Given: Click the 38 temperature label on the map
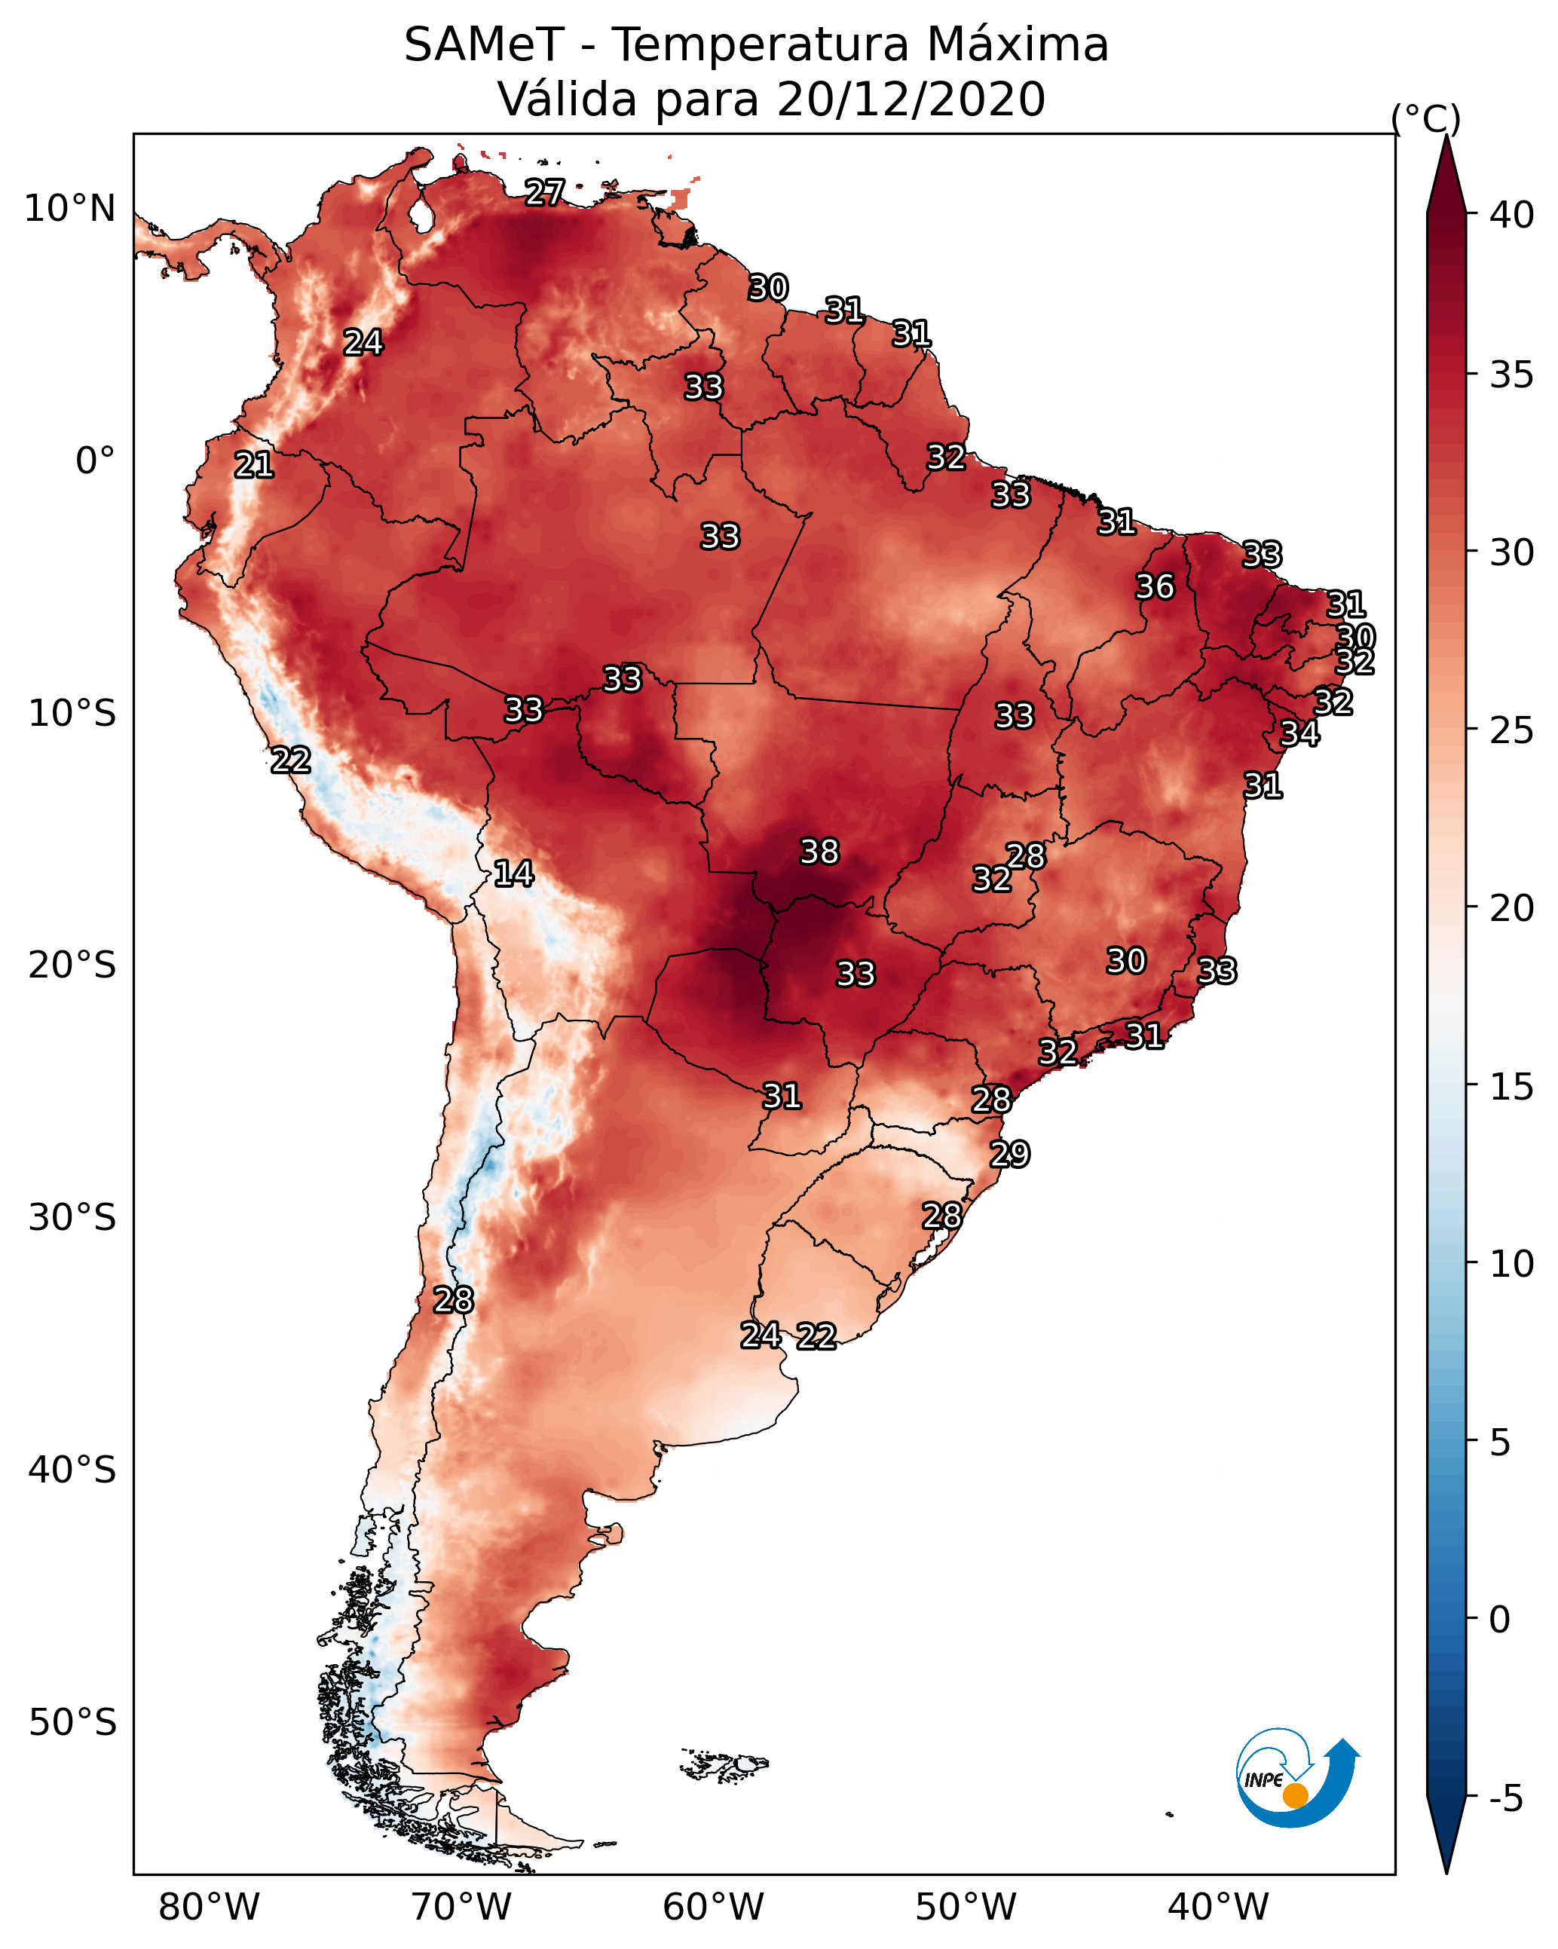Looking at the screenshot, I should (x=819, y=852).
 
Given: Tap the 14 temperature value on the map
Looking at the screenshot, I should (x=513, y=874).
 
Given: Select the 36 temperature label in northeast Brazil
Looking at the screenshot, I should (x=1155, y=586).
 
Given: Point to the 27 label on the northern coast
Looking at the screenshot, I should (x=544, y=191).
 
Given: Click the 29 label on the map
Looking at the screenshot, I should (x=1009, y=1155).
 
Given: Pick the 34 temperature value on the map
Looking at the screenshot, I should (x=1299, y=733).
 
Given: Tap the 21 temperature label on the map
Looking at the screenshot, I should (x=254, y=465).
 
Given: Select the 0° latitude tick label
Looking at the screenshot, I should (x=95, y=461).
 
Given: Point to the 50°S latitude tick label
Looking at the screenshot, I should (x=72, y=1723).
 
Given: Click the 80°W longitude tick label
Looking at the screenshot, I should (x=209, y=1907).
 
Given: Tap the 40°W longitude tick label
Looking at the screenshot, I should (x=1218, y=1907).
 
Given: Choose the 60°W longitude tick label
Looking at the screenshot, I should (x=714, y=1907).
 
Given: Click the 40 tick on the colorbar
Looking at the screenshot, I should (x=1512, y=214).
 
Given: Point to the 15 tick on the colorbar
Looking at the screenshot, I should (x=1512, y=1087).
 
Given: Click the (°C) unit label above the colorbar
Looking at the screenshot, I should (x=1426, y=118).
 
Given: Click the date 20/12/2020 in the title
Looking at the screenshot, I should (x=911, y=99).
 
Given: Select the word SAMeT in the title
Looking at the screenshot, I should (x=484, y=45).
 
